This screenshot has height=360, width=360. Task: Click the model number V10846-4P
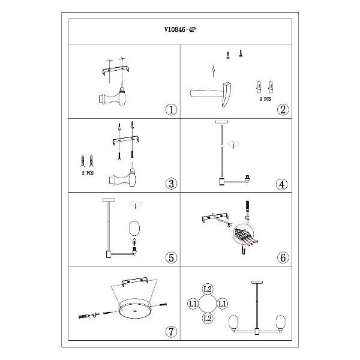pos(180,29)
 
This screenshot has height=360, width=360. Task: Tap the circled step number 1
pos(171,110)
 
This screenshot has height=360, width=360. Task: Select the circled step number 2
pos(283,110)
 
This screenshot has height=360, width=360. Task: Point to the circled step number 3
pos(171,184)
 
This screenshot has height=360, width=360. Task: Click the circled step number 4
pos(282,184)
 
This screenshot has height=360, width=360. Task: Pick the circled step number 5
pos(171,257)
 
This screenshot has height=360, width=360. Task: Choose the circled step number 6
pos(283,257)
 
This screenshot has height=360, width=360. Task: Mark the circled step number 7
pos(171,332)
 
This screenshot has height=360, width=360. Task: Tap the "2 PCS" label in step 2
pos(265,99)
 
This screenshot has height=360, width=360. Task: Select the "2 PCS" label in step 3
pos(88,173)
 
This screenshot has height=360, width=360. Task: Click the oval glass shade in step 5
pos(134,228)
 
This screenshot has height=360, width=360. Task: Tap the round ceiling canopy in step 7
pos(135,308)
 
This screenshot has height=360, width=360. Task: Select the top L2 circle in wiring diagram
pos(208,289)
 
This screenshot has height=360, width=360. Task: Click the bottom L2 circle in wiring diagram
pos(208,319)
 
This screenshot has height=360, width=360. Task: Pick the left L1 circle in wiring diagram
pos(193,304)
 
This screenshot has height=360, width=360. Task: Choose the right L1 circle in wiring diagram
pos(222,304)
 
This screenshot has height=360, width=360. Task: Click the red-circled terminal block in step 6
pos(243,234)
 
